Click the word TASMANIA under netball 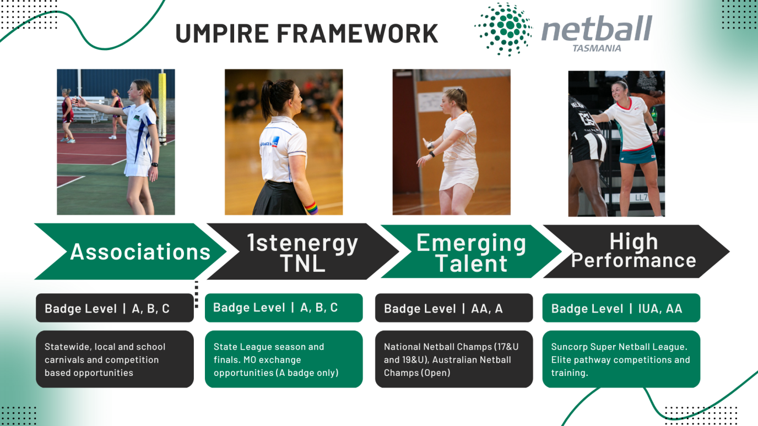pyautogui.click(x=597, y=48)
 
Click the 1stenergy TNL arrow pyautogui.click(x=302, y=252)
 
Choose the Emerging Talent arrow pyautogui.click(x=471, y=252)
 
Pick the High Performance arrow pyautogui.click(x=634, y=251)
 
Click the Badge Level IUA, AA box pyautogui.click(x=621, y=308)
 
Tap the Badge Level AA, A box pyautogui.click(x=453, y=308)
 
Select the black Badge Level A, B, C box pyautogui.click(x=115, y=308)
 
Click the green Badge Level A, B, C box pyautogui.click(x=283, y=308)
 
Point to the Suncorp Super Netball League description pyautogui.click(x=621, y=359)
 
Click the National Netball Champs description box pyautogui.click(x=453, y=359)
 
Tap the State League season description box pyautogui.click(x=283, y=359)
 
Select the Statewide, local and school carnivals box pyautogui.click(x=115, y=359)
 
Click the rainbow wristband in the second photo pyautogui.click(x=311, y=208)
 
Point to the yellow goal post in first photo pyautogui.click(x=163, y=105)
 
